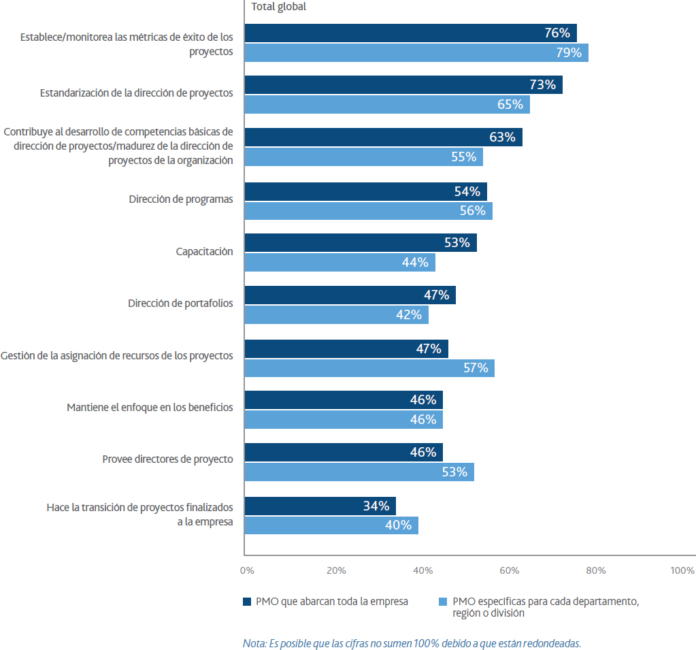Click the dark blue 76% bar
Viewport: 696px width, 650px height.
(410, 33)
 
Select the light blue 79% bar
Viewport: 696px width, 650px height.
(416, 53)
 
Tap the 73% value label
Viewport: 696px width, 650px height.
(542, 84)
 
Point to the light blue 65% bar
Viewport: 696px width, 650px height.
(387, 104)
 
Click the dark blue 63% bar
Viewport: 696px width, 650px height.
(384, 137)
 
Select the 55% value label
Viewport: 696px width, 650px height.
(463, 157)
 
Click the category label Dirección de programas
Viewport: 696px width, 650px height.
(181, 199)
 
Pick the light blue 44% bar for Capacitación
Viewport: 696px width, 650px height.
(340, 263)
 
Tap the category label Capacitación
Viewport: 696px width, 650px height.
(204, 251)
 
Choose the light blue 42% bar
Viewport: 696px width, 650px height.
(337, 314)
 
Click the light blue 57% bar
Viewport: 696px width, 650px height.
(369, 368)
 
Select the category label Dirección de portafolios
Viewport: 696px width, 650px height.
(180, 304)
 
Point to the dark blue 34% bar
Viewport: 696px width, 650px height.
(320, 506)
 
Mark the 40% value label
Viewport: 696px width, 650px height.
(398, 525)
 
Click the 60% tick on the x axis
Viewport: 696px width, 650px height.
(509, 570)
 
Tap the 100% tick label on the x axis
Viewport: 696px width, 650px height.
(682, 570)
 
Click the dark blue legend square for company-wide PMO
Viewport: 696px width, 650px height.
(247, 602)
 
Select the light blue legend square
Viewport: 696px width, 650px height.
(442, 602)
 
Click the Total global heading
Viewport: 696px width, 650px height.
(279, 7)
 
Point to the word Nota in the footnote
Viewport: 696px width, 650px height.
(254, 643)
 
